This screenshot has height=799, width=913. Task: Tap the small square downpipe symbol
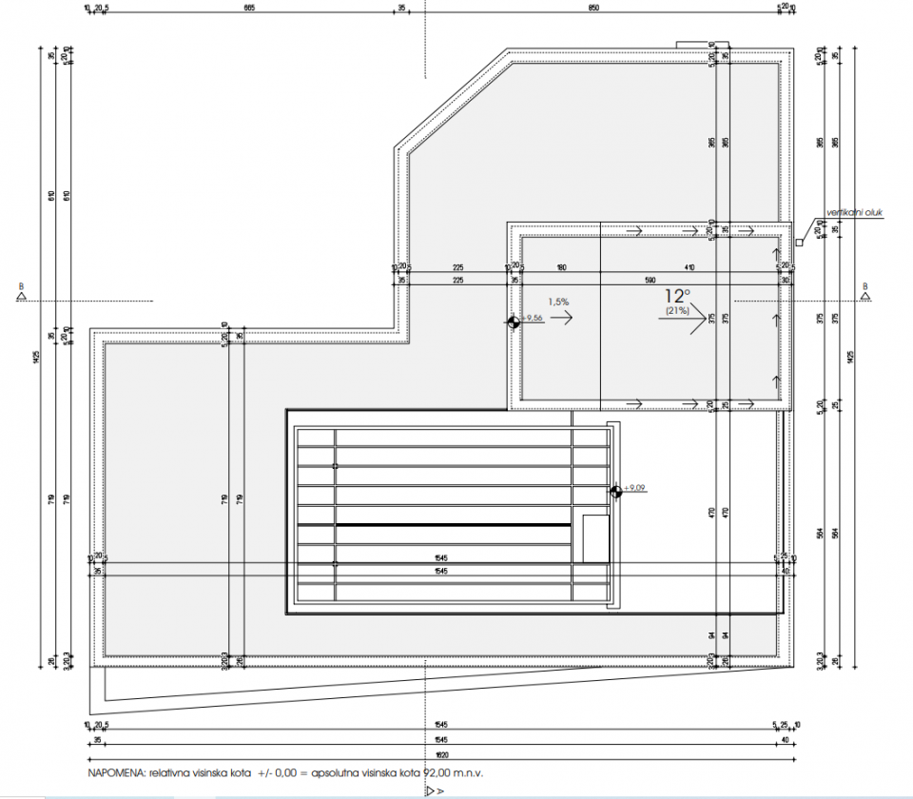coord(799,243)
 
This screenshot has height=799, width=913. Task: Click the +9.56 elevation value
coord(532,319)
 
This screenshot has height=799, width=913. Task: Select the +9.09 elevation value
coord(634,488)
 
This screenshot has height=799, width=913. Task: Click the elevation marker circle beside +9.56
coord(514,322)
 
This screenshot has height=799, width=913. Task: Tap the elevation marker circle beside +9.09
coord(616,491)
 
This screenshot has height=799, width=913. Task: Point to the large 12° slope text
coord(678,296)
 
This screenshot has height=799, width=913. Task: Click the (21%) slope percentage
coord(678,311)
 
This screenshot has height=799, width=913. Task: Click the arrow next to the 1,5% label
coord(561,321)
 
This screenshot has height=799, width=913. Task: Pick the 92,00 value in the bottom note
coord(437,775)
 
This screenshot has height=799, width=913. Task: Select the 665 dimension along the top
coord(249,8)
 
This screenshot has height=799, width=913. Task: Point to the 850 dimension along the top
coord(593,8)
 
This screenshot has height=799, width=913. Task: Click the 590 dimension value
coord(651,281)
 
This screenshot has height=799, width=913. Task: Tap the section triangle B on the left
coord(21,295)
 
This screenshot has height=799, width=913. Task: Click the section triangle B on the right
coord(864,295)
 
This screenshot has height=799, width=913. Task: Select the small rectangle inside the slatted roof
coord(595,539)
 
